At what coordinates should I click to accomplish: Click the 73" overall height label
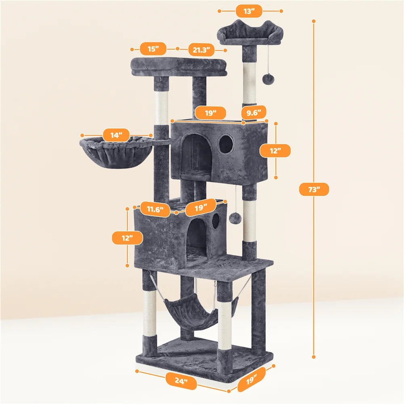tap(314, 189)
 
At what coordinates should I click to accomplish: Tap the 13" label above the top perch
tap(250, 11)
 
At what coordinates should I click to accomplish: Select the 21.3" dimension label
tap(201, 50)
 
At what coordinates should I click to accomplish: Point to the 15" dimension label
tap(153, 49)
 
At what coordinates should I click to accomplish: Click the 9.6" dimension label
tap(254, 112)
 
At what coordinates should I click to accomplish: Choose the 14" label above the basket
tap(116, 135)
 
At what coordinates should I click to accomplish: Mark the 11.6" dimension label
tap(155, 209)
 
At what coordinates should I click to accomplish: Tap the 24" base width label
tap(181, 381)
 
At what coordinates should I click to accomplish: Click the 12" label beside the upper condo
tap(275, 151)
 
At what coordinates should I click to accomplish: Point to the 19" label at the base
tap(252, 380)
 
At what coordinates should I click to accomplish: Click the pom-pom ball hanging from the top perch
tap(268, 79)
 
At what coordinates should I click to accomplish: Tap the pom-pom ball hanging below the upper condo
tap(235, 219)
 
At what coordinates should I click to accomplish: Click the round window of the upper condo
tap(226, 145)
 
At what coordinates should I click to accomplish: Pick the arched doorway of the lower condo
tap(196, 239)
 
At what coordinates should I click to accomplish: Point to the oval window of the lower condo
tap(216, 221)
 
